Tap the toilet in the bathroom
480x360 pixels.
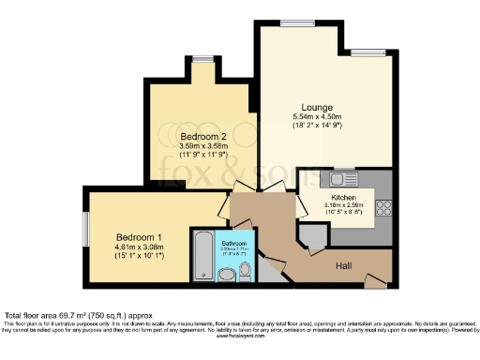pyautogui.click(x=246, y=272)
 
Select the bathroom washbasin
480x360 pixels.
pyautogui.click(x=226, y=275)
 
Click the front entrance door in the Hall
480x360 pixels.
pyautogui.click(x=375, y=279)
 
